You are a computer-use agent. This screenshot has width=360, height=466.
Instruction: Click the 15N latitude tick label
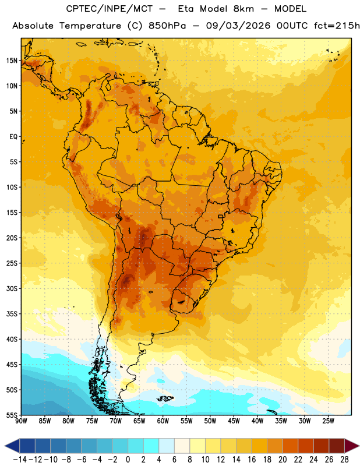tap(12, 61)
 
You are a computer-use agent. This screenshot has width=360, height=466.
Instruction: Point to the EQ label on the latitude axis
tap(13, 137)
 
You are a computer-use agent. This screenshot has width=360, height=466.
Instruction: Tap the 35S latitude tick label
tap(12, 314)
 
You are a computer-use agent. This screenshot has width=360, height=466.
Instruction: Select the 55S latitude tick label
tap(12, 415)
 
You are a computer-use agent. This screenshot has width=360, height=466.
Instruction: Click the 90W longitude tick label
tap(21, 421)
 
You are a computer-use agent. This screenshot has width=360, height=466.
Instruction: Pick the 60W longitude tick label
tap(163, 421)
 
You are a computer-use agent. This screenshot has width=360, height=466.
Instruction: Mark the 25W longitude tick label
tap(329, 421)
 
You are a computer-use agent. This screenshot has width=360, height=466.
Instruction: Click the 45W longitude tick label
tap(234, 421)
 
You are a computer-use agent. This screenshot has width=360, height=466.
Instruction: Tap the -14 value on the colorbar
tap(20, 460)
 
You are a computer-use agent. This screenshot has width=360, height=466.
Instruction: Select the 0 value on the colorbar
tap(128, 460)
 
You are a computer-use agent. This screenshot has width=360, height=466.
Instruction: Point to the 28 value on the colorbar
tap(344, 460)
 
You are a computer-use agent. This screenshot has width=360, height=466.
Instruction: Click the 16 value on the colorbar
tap(252, 460)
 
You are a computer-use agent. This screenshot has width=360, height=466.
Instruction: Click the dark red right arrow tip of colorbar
tap(358, 446)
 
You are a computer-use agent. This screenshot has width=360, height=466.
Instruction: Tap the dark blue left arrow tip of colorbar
tap(5, 446)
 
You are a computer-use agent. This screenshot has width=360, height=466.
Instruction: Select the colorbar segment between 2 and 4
tap(151, 446)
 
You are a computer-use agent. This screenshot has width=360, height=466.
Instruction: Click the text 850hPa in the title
tap(167, 26)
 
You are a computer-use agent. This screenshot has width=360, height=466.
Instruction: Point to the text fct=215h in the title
tap(337, 26)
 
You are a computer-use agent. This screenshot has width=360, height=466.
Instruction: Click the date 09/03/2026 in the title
tap(238, 26)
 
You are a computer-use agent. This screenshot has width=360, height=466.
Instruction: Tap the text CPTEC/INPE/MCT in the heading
tap(110, 9)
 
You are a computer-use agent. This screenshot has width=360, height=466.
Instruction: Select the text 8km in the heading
tap(243, 9)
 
